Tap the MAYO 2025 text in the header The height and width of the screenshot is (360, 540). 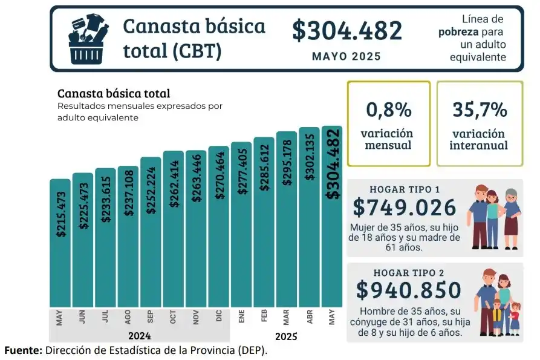tap(346, 56)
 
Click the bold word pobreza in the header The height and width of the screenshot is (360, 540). tap(459, 32)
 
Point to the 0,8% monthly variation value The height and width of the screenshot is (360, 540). tap(389, 110)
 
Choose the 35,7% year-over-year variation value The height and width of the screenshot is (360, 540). tap(480, 110)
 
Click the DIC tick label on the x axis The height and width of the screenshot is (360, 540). tap(219, 316)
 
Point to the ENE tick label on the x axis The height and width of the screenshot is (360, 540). tap(241, 316)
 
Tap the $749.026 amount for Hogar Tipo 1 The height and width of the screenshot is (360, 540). tap(405, 208)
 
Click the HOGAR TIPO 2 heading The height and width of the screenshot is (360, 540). tap(408, 272)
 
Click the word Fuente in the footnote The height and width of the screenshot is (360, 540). tap(22, 350)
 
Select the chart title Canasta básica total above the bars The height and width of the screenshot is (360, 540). tap(113, 94)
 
